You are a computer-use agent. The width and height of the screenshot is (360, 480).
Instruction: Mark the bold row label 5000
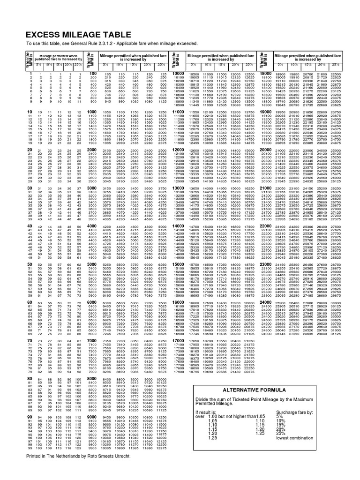[93, 264]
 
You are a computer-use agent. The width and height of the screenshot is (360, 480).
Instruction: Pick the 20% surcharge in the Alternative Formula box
[280, 429]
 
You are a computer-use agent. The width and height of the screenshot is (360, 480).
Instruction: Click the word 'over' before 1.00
[200, 416]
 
